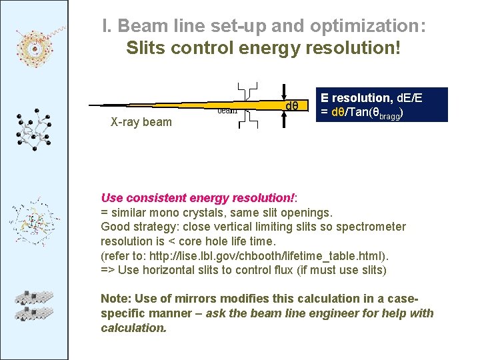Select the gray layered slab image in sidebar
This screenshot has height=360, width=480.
point(34,303)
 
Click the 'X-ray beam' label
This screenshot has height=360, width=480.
point(141,122)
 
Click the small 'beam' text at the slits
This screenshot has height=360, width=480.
point(228,111)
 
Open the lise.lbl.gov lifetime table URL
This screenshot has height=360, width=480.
point(280,256)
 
